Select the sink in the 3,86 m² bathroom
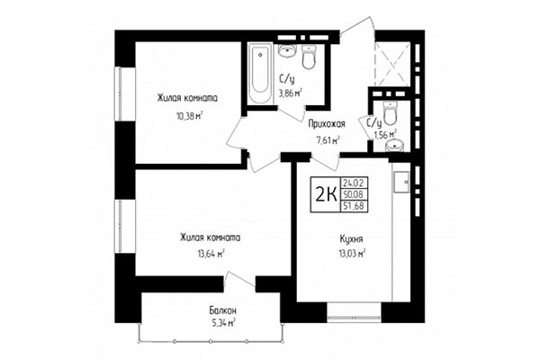click(288, 49)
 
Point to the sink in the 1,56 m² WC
click(400, 141)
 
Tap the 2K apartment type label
click(324, 192)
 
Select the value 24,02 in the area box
click(353, 183)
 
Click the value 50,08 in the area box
click(353, 193)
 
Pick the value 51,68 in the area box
click(353, 204)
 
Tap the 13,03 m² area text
click(346, 254)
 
